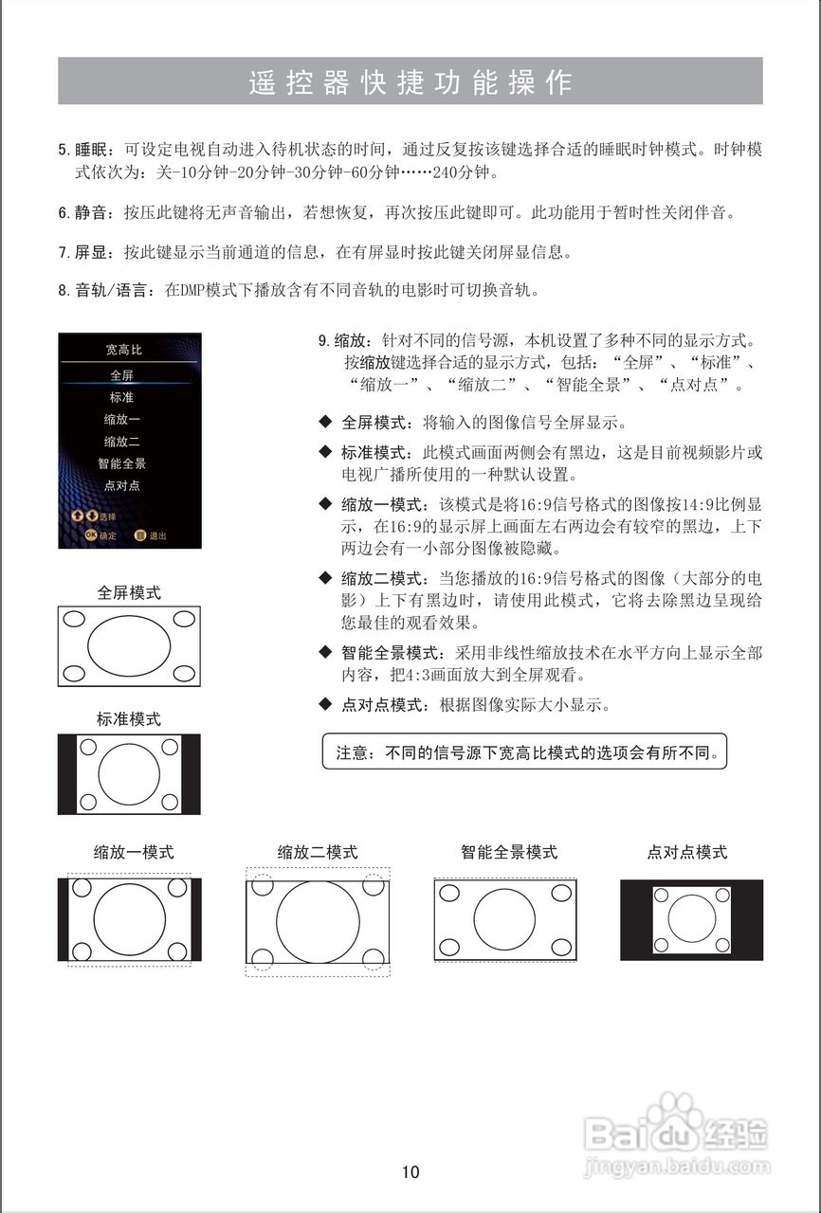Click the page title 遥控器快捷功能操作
410,82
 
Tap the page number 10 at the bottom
410,1172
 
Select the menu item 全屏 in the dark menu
122,375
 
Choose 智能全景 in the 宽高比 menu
122,463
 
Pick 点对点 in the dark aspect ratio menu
122,485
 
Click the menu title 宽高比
123,350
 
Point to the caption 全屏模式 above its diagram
129,592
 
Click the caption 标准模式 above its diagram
129,719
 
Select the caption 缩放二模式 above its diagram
318,852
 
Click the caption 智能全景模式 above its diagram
509,852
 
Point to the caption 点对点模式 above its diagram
687,852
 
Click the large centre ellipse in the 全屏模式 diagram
129,646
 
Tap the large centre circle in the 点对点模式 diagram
692,918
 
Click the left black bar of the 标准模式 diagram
66,773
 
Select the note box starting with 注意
524,751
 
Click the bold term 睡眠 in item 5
94,150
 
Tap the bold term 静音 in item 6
94,212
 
